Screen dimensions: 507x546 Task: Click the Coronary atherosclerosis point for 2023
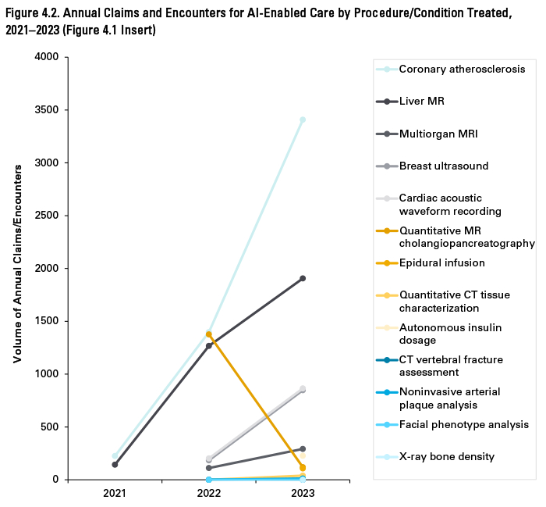303,120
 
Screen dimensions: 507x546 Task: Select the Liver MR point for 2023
303,278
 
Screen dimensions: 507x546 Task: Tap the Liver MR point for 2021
115,465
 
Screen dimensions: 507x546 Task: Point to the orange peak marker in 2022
208,334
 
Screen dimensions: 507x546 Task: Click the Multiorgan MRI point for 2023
303,448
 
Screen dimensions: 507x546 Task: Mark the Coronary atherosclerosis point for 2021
115,456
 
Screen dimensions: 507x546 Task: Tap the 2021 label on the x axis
115,495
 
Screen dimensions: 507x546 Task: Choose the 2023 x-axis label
303,495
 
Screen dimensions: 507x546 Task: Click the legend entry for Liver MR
421,102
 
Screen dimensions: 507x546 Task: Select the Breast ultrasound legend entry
443,166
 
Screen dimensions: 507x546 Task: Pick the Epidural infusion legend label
441,263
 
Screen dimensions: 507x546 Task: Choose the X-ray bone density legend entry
446,456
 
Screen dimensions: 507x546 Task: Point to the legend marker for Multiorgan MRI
388,134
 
